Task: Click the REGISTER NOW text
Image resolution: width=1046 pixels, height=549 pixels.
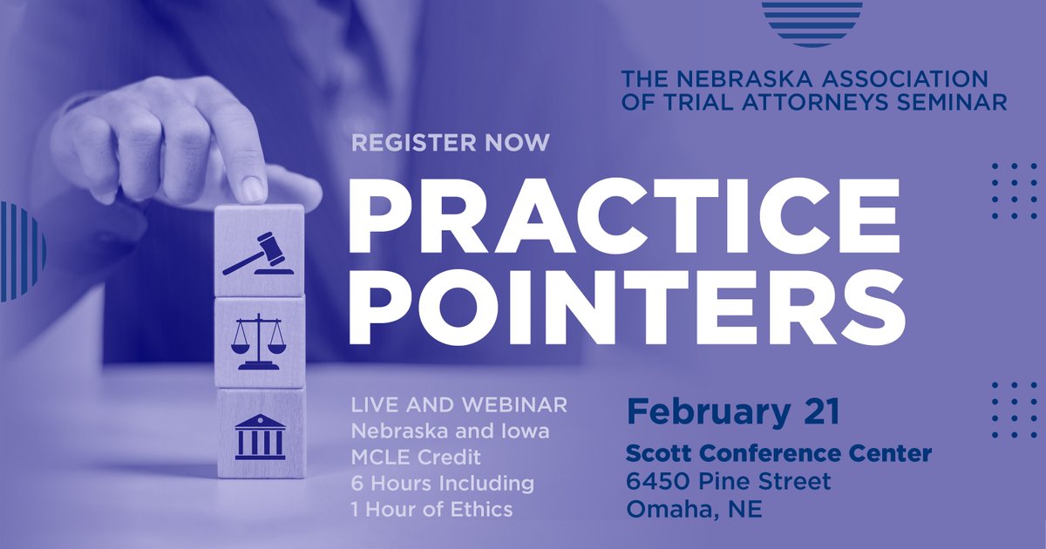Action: (451, 143)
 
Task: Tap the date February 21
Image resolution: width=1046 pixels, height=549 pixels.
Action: (732, 410)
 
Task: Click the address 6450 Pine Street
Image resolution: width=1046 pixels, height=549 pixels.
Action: (728, 481)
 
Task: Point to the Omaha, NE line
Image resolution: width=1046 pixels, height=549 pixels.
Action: (694, 509)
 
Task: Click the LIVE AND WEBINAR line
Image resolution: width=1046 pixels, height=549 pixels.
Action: (459, 405)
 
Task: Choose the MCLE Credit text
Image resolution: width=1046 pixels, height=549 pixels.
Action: (415, 457)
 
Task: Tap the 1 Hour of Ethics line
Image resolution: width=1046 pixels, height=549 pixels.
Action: (431, 509)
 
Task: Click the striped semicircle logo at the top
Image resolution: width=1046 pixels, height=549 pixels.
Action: (812, 22)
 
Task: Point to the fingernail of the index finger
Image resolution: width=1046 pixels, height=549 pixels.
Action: (252, 186)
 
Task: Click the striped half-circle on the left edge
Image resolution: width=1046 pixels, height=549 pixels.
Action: (22, 252)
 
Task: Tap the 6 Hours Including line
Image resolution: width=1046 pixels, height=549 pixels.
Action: (442, 483)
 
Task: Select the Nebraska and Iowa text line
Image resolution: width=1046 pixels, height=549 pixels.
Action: (450, 430)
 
